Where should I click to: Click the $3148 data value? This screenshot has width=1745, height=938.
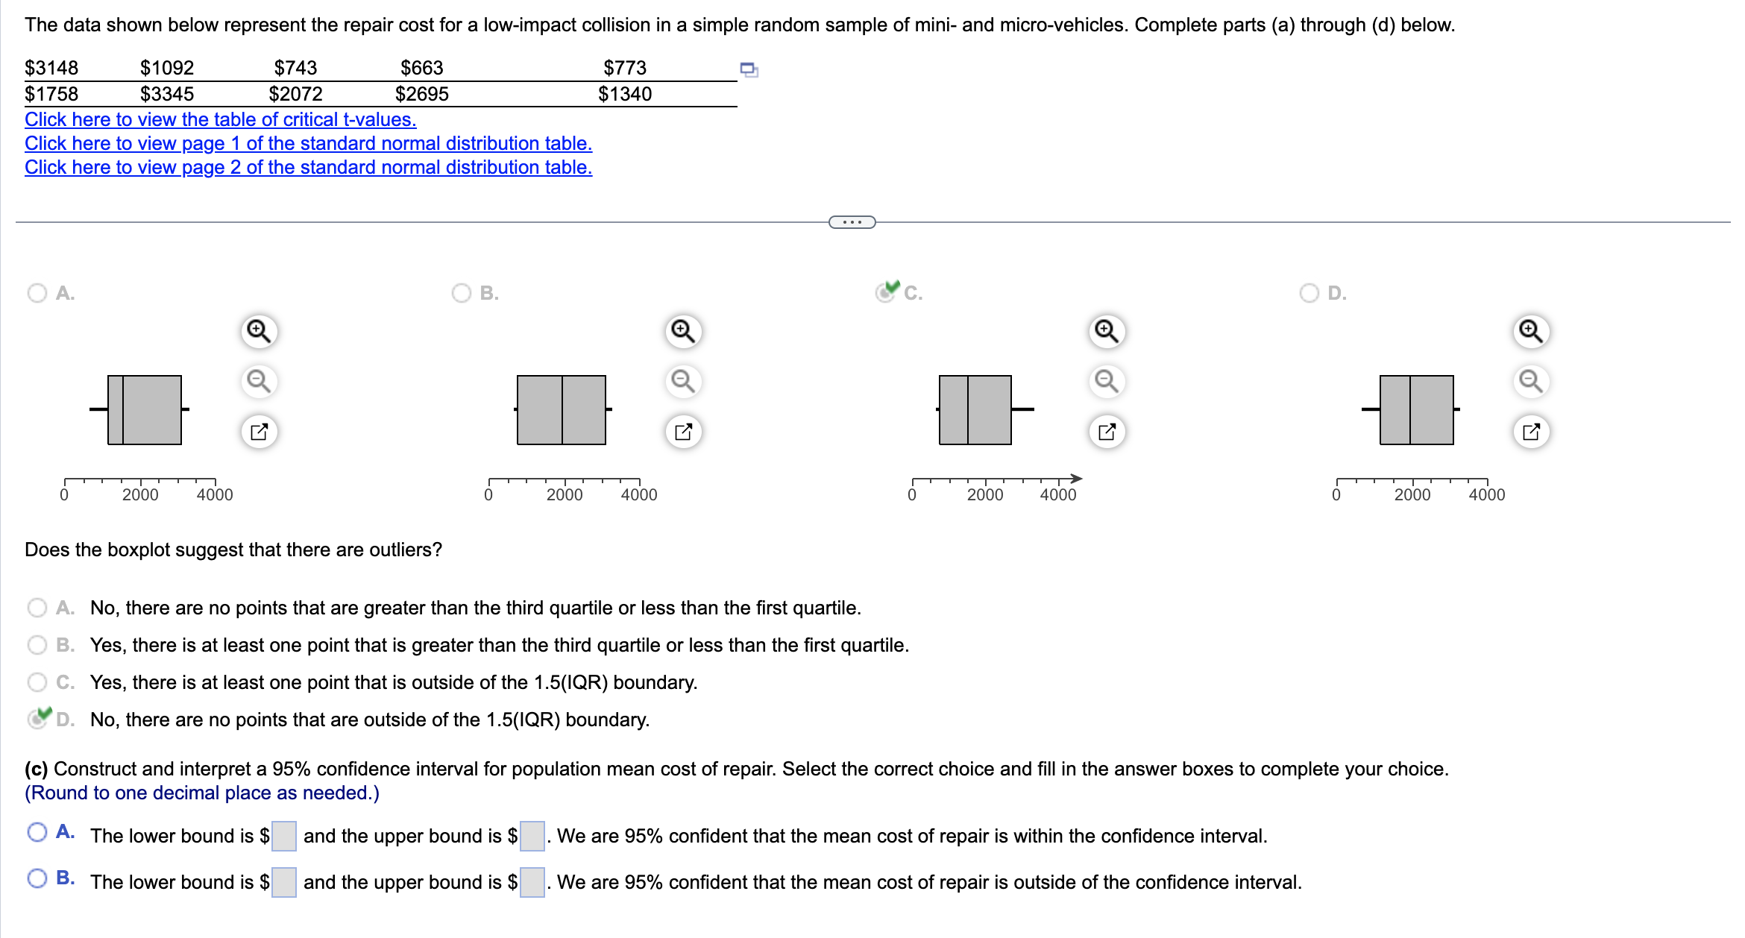coord(51,68)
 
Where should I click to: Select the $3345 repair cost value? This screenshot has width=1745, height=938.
coord(167,94)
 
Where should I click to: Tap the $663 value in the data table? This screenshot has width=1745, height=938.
coord(421,68)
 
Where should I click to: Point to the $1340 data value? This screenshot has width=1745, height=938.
coord(624,94)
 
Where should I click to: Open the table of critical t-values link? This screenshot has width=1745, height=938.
coord(220,119)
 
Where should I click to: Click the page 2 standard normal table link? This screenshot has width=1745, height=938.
coord(308,167)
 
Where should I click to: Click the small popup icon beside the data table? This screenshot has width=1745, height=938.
coord(749,69)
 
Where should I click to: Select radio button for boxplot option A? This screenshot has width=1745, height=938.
coord(37,293)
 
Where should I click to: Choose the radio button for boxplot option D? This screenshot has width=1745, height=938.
coord(1309,293)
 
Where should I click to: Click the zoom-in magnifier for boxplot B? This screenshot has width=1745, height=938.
coord(683,330)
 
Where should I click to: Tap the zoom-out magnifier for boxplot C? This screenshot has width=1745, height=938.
coord(1107,381)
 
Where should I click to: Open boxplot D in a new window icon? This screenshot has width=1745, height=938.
coord(1531,432)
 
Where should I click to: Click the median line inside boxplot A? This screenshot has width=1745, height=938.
coord(123,410)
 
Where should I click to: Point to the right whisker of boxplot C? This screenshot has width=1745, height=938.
coord(1022,409)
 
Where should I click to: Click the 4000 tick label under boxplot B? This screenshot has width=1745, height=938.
coord(639,494)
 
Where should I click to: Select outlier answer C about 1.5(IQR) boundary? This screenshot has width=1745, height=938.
coord(37,682)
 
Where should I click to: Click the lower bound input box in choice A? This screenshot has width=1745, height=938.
coord(284,836)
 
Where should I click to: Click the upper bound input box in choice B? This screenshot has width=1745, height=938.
coord(532,882)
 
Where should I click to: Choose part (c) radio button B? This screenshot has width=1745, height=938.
coord(37,878)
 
